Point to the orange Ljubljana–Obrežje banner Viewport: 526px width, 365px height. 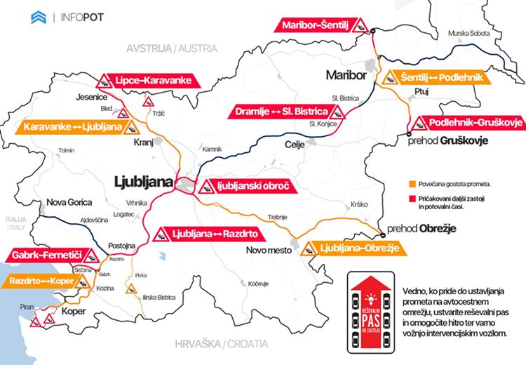click(x=351, y=248)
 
